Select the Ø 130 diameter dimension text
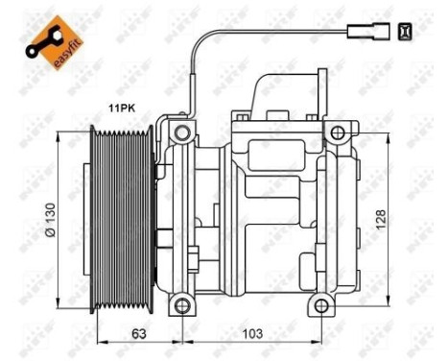(63, 219)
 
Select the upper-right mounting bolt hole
(336, 132)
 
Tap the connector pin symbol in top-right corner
(406, 32)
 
